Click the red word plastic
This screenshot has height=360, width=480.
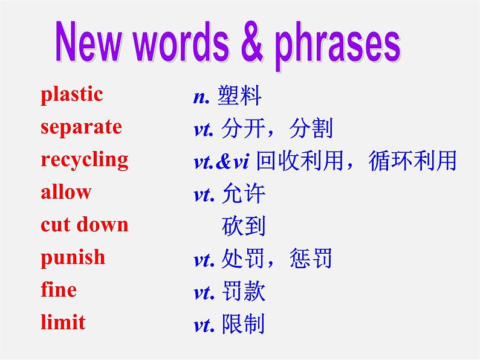click(71, 95)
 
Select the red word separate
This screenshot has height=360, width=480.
click(82, 127)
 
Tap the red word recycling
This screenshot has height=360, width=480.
click(85, 160)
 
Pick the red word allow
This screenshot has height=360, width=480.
click(66, 192)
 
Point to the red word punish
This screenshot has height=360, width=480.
click(73, 257)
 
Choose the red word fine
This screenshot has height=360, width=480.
click(59, 289)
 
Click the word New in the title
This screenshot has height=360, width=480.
click(88, 42)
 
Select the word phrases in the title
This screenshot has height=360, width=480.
click(337, 46)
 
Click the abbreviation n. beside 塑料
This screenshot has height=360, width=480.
click(201, 97)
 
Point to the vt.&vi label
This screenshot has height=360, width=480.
click(221, 162)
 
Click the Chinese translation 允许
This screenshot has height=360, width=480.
click(244, 193)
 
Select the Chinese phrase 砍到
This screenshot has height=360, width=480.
click(244, 226)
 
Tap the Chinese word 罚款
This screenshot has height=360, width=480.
click(244, 291)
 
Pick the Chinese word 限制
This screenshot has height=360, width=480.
click(244, 324)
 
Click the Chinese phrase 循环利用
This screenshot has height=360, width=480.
click(413, 161)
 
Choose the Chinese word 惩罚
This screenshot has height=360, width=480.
click(310, 259)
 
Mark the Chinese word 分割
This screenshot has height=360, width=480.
click(310, 128)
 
